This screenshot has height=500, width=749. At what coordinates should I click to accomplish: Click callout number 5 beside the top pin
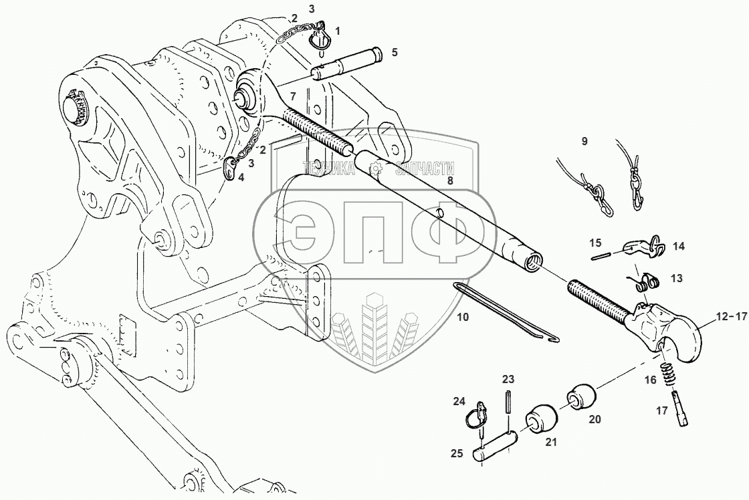pyautogui.click(x=394, y=52)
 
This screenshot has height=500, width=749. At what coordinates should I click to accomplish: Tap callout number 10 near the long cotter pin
pyautogui.click(x=463, y=317)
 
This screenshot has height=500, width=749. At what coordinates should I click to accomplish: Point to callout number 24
pyautogui.click(x=459, y=401)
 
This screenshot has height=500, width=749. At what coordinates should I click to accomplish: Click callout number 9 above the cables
pyautogui.click(x=584, y=141)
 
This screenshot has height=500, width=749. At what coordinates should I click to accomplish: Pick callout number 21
pyautogui.click(x=551, y=443)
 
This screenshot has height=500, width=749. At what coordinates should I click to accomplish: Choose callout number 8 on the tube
pyautogui.click(x=449, y=181)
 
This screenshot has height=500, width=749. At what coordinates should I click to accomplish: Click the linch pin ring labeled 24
pyautogui.click(x=477, y=414)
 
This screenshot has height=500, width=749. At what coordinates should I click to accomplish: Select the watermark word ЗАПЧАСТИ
pyautogui.click(x=424, y=168)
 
